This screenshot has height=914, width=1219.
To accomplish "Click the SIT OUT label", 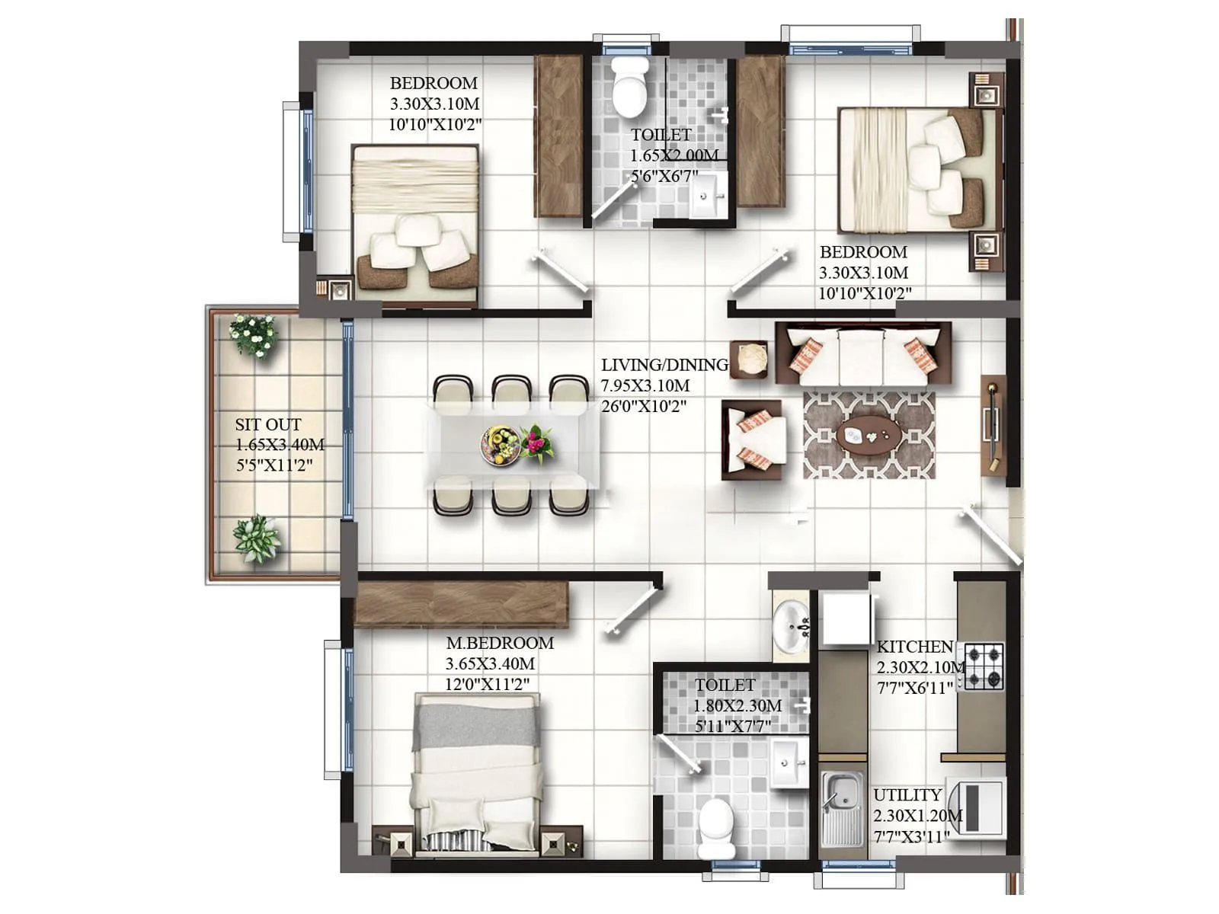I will (267, 425).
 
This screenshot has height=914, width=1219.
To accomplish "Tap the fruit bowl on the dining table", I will (500, 444).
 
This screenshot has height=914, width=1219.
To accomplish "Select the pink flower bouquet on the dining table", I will (538, 443).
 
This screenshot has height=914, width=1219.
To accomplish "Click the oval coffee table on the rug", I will (869, 436).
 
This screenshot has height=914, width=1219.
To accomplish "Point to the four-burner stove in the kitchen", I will (984, 666).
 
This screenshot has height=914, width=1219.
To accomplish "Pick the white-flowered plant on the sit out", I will (253, 335).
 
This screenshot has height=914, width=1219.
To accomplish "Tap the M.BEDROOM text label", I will (500, 643).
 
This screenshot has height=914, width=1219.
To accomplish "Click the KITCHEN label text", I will (914, 647).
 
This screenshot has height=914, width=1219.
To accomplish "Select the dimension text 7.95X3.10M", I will (645, 386).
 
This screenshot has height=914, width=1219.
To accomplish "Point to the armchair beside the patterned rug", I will (753, 440).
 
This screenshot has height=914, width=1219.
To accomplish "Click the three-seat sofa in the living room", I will (862, 353).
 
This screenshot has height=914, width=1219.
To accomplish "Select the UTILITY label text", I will (907, 795).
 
